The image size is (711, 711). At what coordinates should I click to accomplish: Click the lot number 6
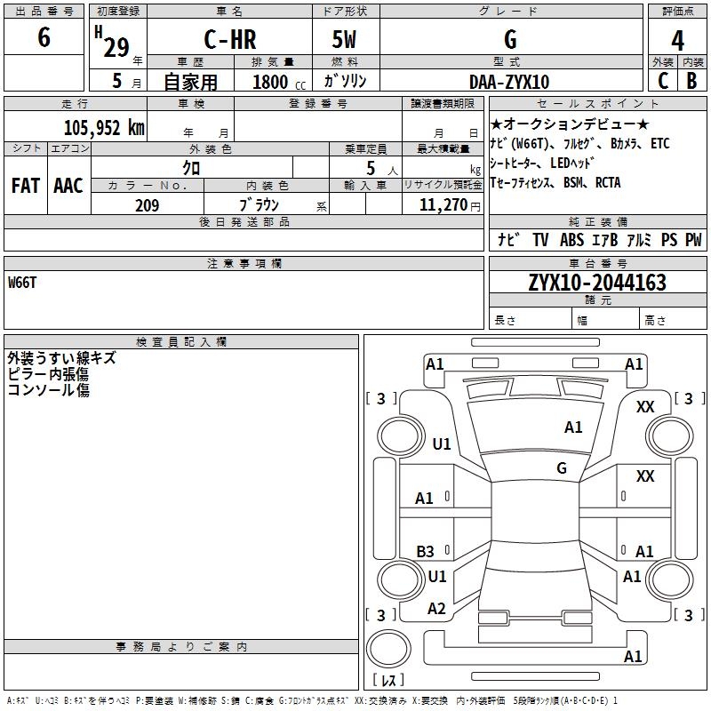(x=44, y=38)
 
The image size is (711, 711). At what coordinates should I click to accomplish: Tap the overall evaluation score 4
(x=677, y=40)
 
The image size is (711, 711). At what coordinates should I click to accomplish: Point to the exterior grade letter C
(x=663, y=81)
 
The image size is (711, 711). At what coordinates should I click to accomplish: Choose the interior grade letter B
(x=691, y=81)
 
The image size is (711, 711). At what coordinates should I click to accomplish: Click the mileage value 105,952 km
(x=104, y=127)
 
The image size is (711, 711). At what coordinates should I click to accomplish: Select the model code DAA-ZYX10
(x=509, y=82)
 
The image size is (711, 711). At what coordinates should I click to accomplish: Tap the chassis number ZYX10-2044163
(x=596, y=283)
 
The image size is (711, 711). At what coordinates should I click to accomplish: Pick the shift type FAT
(x=25, y=186)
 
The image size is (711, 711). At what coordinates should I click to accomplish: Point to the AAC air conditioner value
(x=68, y=186)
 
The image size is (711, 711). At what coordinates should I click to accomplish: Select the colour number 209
(x=147, y=205)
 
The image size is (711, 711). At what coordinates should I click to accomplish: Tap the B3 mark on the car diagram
(x=426, y=552)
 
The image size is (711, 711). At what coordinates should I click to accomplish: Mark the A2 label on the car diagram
(x=436, y=609)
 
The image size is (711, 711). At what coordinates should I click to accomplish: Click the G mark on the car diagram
(x=562, y=468)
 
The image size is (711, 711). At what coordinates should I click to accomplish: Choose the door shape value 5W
(x=345, y=40)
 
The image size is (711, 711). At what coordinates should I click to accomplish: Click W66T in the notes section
(x=23, y=283)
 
